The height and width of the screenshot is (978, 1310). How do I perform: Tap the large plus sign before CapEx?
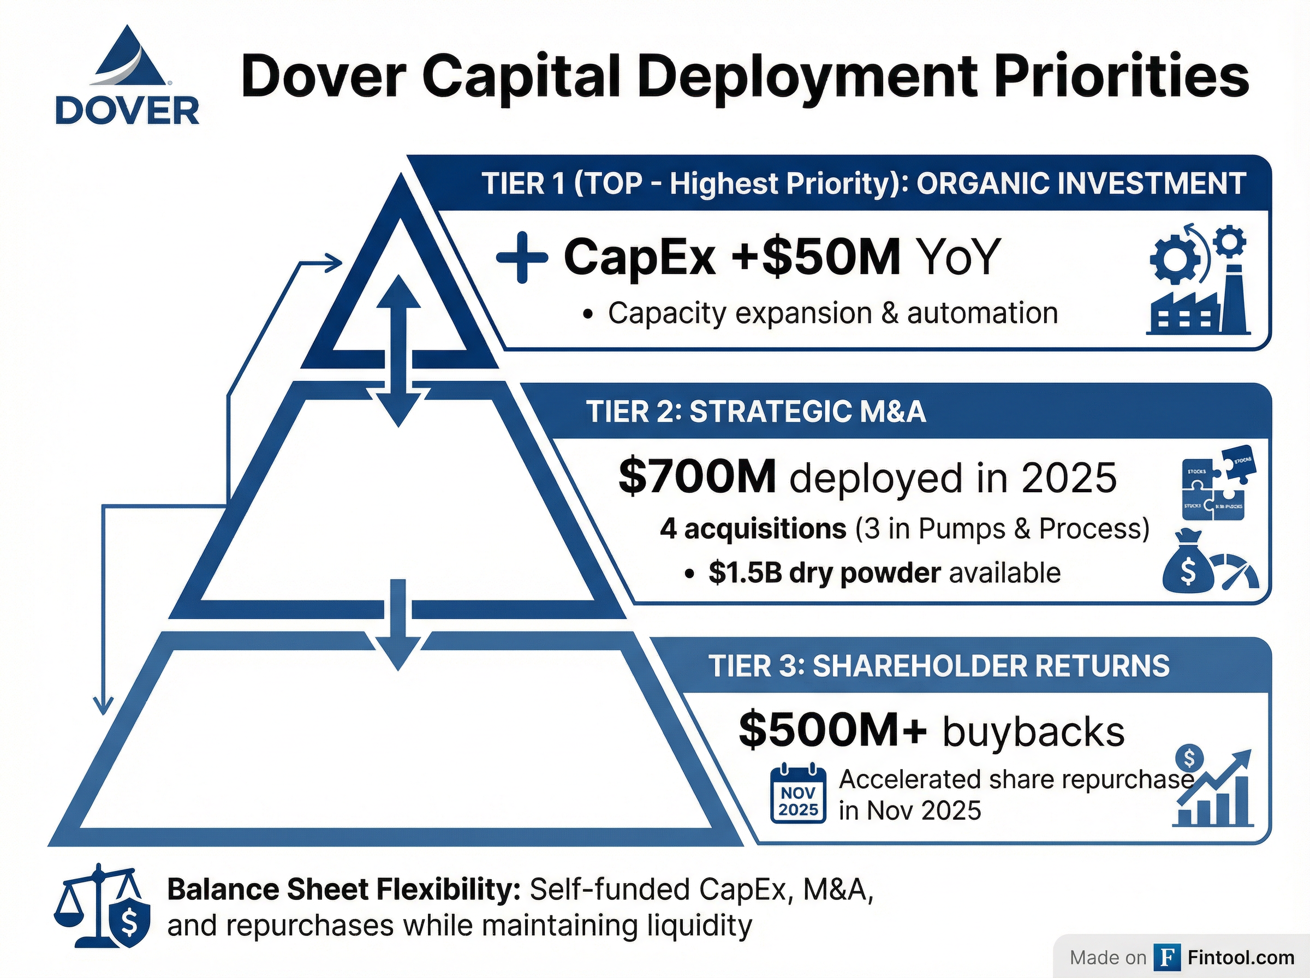point(521,258)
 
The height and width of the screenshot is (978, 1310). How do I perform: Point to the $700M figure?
point(696,477)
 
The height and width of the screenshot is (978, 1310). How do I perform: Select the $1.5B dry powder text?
point(824,573)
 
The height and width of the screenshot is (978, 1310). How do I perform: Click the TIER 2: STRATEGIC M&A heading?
point(755,411)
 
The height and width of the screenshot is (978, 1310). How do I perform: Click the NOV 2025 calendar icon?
point(798,794)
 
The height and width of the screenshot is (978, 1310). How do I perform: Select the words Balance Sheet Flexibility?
point(343,890)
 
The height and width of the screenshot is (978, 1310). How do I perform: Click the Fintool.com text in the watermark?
point(1241,957)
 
